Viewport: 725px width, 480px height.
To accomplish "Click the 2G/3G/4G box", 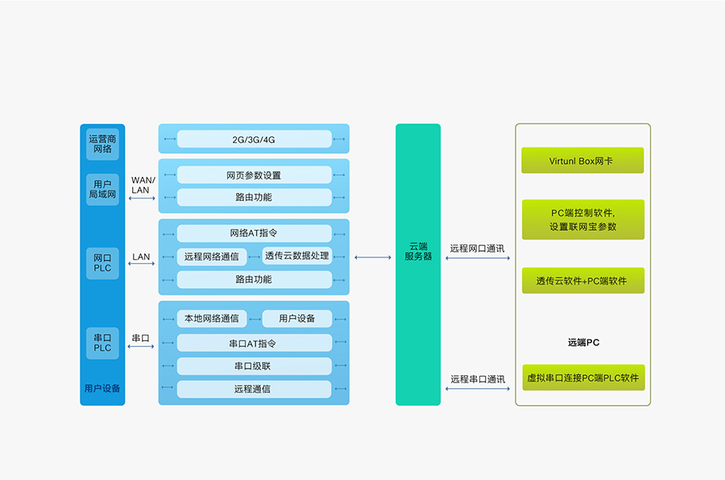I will pyautogui.click(x=254, y=140).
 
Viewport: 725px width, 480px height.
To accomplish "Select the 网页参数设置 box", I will pyautogui.click(x=254, y=175).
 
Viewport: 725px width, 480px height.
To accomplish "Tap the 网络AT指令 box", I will pyautogui.click(x=254, y=233).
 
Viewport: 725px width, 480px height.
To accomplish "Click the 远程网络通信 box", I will pyautogui.click(x=211, y=257).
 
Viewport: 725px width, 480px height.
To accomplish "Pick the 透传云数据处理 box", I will pyautogui.click(x=296, y=256).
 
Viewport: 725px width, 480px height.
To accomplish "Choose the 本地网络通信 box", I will pyautogui.click(x=211, y=319).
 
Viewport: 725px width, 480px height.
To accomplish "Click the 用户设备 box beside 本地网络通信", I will pyautogui.click(x=296, y=319).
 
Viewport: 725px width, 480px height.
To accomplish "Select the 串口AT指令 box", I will pyautogui.click(x=254, y=343).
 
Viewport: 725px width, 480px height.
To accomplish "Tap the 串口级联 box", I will pyautogui.click(x=254, y=366).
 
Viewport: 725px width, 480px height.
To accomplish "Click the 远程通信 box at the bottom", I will pyautogui.click(x=254, y=389).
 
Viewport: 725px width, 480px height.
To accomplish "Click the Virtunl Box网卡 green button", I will pyautogui.click(x=582, y=161).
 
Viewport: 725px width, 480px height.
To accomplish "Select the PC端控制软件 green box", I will pyautogui.click(x=582, y=219).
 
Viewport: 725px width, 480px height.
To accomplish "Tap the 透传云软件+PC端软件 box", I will pyautogui.click(x=582, y=281).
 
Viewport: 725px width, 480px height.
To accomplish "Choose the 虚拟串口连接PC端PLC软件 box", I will pyautogui.click(x=582, y=378).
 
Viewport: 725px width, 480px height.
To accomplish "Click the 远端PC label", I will pyautogui.click(x=583, y=342).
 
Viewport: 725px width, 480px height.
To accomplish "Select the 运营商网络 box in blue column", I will pyautogui.click(x=102, y=144).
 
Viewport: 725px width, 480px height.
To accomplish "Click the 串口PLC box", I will pyautogui.click(x=102, y=342).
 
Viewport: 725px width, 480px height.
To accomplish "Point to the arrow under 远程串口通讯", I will pyautogui.click(x=478, y=390).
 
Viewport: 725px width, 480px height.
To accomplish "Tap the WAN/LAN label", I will pyautogui.click(x=142, y=185).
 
